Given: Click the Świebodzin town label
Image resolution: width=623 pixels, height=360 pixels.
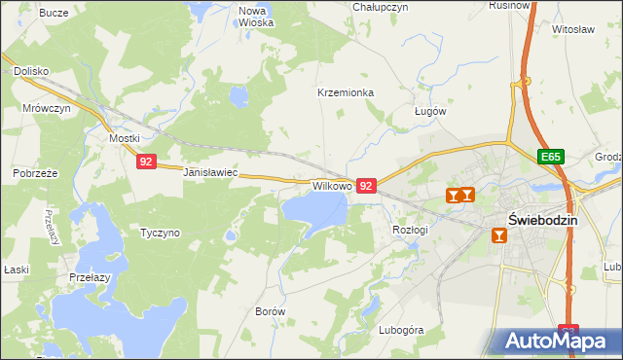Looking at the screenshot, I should click(543, 220).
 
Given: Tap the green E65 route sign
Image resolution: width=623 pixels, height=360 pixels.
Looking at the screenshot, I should click(551, 157).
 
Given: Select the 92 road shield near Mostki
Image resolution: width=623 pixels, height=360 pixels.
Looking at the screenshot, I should click(145, 162).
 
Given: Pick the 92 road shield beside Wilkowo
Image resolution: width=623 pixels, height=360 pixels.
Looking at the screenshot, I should click(366, 185).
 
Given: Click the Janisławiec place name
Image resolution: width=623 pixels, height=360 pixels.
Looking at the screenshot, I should click(210, 172).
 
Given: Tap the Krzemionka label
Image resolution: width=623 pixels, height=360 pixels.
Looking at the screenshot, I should click(346, 93).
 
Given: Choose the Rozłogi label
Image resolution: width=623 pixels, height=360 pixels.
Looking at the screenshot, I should click(410, 229).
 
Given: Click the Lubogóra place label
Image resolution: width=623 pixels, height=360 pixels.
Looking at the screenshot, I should click(401, 330).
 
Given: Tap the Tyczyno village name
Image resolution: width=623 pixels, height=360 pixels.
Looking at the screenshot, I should click(160, 234).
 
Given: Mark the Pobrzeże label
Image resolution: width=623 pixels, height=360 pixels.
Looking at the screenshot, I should click(36, 173).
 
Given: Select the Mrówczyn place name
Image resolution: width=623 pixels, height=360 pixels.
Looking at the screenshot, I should click(47, 109).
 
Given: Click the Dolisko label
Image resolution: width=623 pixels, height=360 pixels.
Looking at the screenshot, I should click(31, 71).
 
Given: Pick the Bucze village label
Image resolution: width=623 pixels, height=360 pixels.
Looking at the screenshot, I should click(53, 13).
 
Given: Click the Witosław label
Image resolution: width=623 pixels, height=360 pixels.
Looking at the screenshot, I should click(572, 30).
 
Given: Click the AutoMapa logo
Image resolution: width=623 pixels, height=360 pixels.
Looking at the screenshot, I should click(557, 341).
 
